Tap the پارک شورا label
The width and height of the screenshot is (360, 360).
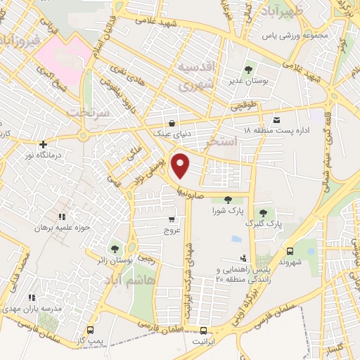pos(227,210)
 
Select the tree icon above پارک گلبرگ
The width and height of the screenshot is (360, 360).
pos(263,212)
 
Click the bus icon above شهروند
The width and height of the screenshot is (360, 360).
pos(290,250)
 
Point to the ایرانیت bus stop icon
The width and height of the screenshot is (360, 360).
pos(204,330)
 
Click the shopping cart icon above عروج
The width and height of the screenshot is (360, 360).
pos(172,220)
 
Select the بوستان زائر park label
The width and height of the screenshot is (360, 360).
pos(115,262)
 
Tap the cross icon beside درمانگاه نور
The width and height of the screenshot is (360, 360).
pos(43,144)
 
